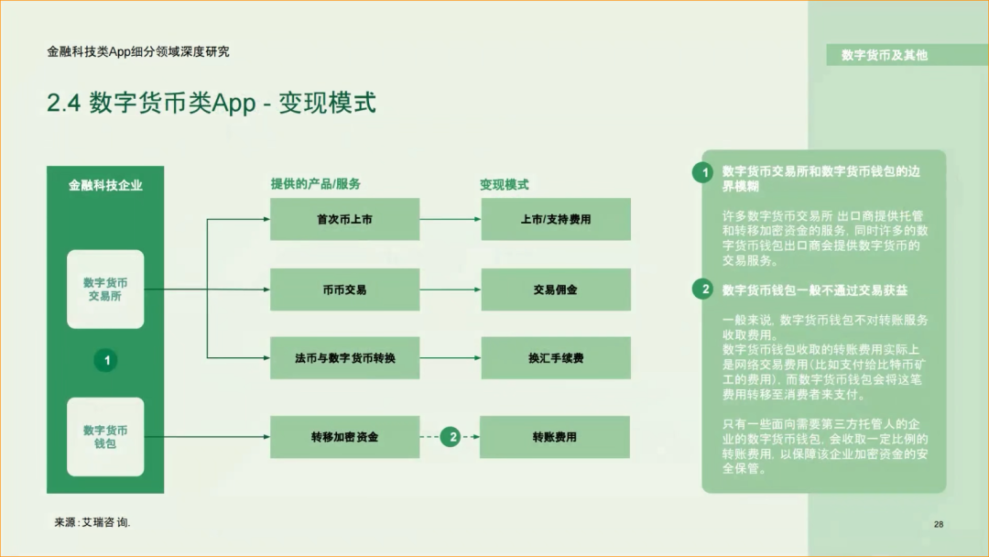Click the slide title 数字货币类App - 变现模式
[x=212, y=103]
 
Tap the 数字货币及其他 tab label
[x=885, y=55]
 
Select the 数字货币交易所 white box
[x=105, y=289]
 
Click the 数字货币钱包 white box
[x=105, y=437]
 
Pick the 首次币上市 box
[x=344, y=220]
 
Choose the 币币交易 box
[x=344, y=289]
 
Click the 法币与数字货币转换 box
[x=344, y=358]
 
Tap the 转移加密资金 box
[x=344, y=437]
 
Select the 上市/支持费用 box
[x=556, y=220]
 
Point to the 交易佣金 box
[x=556, y=289]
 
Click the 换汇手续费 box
[x=556, y=358]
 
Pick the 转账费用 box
[x=556, y=437]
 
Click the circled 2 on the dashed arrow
[x=450, y=437]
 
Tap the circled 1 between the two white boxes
[x=106, y=361]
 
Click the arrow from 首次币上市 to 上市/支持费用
[x=451, y=220]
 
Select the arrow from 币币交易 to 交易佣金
[x=451, y=289]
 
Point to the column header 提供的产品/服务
[x=316, y=184]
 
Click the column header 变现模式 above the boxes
[x=505, y=184]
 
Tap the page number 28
[x=939, y=524]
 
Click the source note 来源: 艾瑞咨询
[x=92, y=521]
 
